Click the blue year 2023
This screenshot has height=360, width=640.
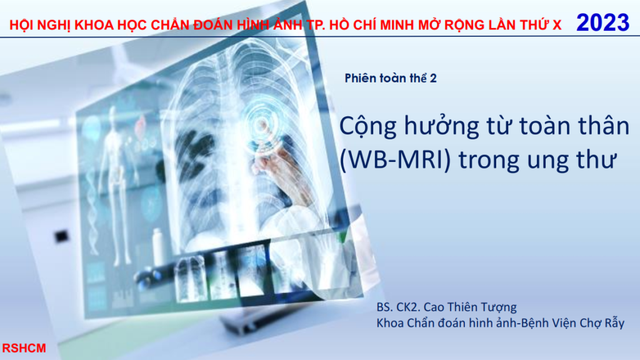(602, 22)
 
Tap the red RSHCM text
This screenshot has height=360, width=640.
(24, 348)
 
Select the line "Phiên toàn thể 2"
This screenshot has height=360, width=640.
(391, 78)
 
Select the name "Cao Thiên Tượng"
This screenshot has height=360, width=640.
(470, 307)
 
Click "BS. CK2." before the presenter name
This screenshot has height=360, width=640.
(398, 307)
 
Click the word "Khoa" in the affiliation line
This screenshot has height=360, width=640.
(389, 323)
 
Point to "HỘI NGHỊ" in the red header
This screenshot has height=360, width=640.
(39, 25)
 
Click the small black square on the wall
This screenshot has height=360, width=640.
(62, 236)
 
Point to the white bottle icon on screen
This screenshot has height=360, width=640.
(157, 246)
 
